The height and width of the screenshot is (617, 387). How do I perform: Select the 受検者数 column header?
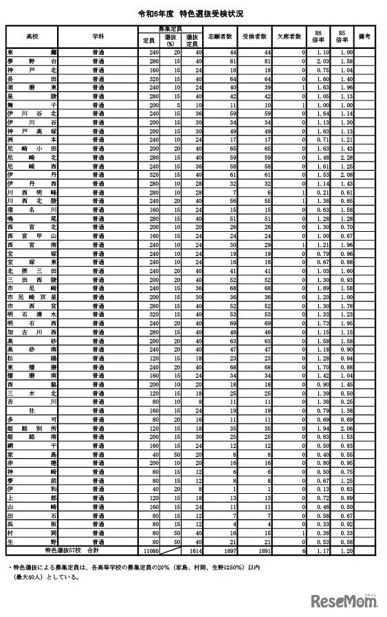click(x=255, y=35)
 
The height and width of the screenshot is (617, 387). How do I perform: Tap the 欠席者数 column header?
click(x=289, y=35)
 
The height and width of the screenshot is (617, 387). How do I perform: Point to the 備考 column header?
click(x=365, y=35)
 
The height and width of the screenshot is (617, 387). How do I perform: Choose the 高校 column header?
click(x=32, y=35)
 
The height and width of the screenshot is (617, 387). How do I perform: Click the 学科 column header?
click(x=98, y=35)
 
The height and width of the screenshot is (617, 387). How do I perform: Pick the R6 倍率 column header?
click(x=319, y=35)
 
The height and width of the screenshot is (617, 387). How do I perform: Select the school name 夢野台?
click(x=32, y=61)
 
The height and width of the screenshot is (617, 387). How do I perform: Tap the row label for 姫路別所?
click(x=32, y=426)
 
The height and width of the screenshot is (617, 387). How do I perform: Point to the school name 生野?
click(x=32, y=541)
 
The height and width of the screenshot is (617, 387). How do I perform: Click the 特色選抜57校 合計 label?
click(x=73, y=551)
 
